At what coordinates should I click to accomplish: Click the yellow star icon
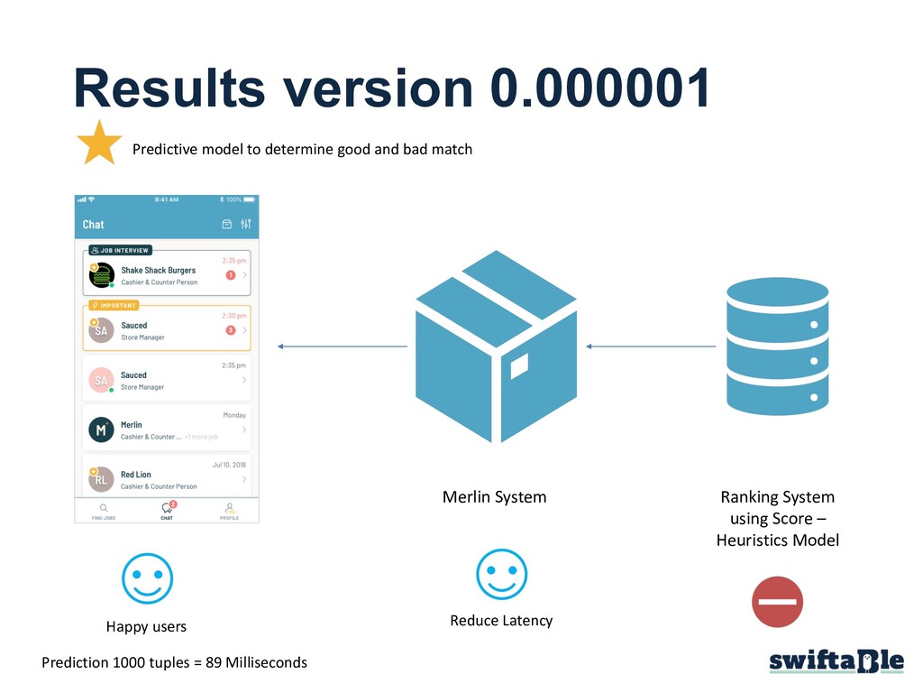tap(99, 144)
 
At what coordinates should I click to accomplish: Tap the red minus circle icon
tap(777, 602)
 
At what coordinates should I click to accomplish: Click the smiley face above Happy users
tap(147, 577)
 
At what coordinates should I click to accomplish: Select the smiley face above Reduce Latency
tap(501, 575)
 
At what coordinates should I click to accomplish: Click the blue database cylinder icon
tap(777, 347)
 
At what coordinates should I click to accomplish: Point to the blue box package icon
tap(496, 346)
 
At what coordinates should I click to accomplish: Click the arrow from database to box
tap(651, 346)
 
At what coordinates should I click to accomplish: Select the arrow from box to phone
tap(343, 346)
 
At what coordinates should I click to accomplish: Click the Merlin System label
tap(494, 497)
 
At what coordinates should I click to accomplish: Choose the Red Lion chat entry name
tap(136, 475)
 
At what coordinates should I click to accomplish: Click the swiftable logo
tap(836, 662)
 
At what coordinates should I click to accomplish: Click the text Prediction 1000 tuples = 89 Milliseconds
tap(174, 662)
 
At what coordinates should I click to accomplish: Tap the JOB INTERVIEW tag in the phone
tap(120, 250)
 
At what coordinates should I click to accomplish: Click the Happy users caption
tap(146, 626)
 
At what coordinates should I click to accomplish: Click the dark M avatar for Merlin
tap(101, 430)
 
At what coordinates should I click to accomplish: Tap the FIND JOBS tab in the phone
tap(104, 512)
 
